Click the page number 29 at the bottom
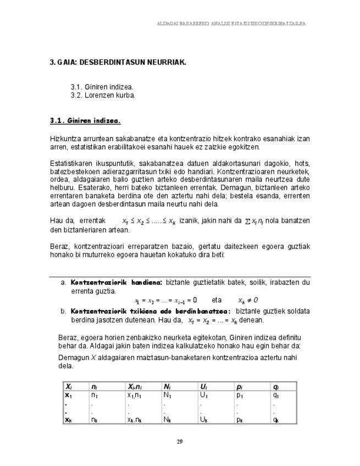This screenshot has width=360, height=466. click(180, 441)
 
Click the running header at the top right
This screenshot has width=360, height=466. click(231, 24)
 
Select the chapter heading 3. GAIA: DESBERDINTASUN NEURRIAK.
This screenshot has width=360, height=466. click(118, 62)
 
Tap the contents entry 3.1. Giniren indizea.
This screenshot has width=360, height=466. click(102, 87)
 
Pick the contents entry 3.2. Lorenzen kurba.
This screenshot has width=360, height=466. click(103, 95)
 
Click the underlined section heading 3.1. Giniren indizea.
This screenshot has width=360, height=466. click(85, 120)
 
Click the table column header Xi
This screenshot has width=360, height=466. click(69, 387)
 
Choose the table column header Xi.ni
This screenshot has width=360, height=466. click(136, 387)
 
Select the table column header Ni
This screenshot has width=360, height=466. click(168, 387)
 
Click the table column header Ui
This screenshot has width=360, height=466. click(203, 387)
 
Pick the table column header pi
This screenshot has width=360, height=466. click(239, 387)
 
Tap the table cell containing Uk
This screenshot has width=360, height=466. click(204, 420)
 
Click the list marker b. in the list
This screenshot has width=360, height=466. click(63, 311)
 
